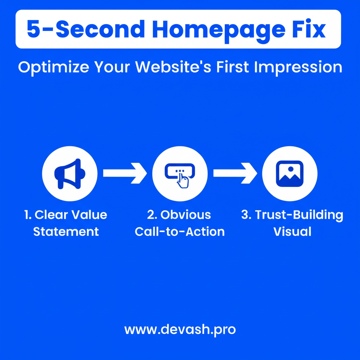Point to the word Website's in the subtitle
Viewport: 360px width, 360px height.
tap(173, 67)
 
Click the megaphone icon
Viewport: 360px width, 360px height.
tap(70, 174)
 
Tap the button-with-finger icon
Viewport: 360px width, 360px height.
tap(180, 175)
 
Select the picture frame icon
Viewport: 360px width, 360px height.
tap(290, 174)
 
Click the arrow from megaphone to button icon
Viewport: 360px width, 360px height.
tap(125, 173)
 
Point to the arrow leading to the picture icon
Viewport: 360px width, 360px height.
tap(235, 173)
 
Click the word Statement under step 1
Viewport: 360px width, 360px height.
tap(66, 231)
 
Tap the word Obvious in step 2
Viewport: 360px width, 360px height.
tap(186, 215)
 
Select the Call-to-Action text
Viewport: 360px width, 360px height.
tap(180, 231)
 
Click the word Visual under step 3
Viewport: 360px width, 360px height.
tap(292, 231)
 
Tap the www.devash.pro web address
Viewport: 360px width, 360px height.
tap(180, 330)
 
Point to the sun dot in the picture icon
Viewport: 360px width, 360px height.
tap(291, 169)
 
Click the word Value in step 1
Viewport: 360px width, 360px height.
tap(89, 215)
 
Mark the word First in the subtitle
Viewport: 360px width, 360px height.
tap(233, 67)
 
